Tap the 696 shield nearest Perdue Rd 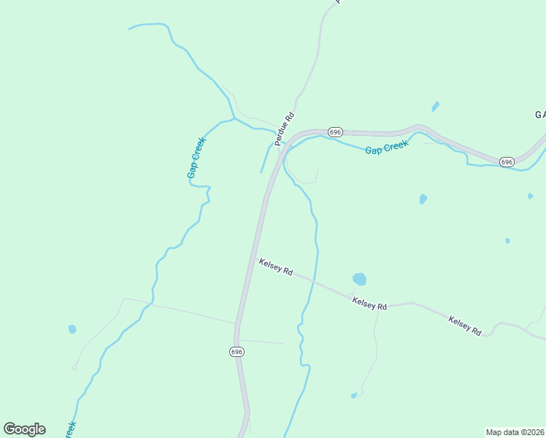[x=335, y=131]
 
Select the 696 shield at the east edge [x=507, y=161]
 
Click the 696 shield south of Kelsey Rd [x=237, y=351]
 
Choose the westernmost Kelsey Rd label [x=275, y=266]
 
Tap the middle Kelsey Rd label [x=369, y=302]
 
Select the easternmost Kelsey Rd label [x=465, y=325]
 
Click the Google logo [x=24, y=429]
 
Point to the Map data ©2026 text [x=515, y=432]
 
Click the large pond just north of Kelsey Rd [x=359, y=279]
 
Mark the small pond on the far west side [x=72, y=329]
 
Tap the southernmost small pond [x=354, y=396]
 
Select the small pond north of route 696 [x=436, y=107]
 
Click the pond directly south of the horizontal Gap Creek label [x=423, y=199]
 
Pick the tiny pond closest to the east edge [x=530, y=196]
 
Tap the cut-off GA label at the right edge [x=540, y=115]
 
